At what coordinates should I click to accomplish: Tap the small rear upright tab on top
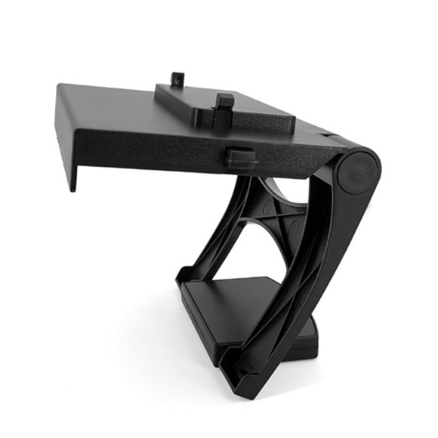(x=177, y=79)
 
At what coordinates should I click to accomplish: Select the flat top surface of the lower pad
(x=242, y=298)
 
